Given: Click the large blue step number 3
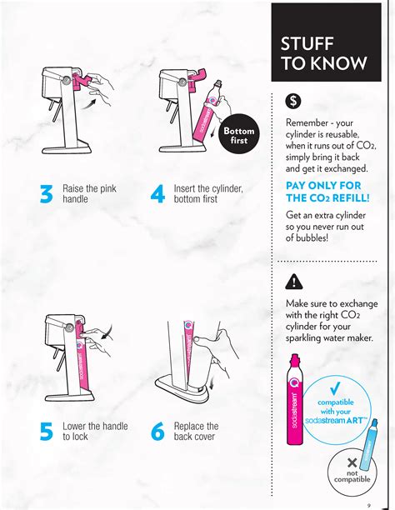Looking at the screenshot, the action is tap(46, 194).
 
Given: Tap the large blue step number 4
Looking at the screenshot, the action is tap(157, 194).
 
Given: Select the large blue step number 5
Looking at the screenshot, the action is tap(46, 432).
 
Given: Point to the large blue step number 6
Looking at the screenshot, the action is tap(157, 432).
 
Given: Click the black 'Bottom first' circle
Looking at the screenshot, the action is tap(239, 133).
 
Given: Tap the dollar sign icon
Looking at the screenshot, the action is tap(293, 102).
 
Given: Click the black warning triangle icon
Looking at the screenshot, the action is tap(294, 282).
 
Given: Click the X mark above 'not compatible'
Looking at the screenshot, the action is tap(352, 462).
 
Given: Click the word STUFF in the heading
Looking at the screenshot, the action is tap(307, 43).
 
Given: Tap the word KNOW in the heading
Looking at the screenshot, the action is tap(340, 63).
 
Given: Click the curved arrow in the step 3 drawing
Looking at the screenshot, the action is tap(88, 104).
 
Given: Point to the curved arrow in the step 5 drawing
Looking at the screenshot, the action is tap(107, 331).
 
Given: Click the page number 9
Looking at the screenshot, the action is tap(368, 505).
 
